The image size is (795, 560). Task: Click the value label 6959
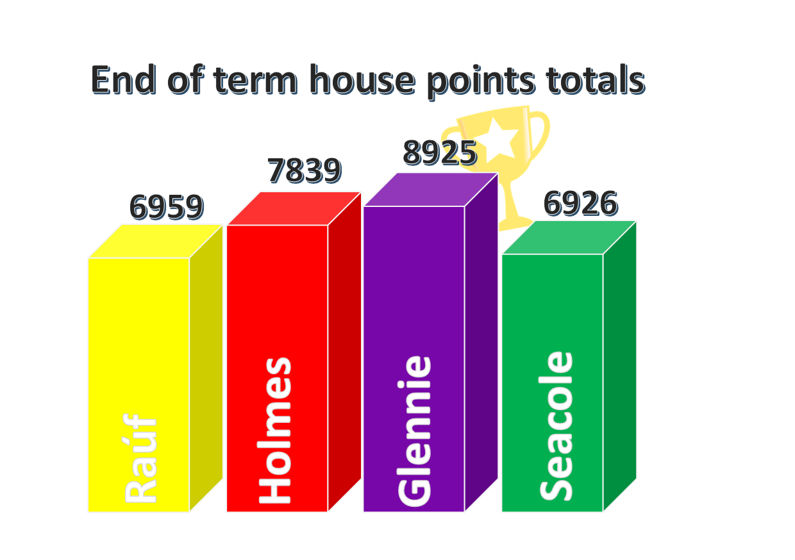(x=166, y=208)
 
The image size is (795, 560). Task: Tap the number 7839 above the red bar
(x=304, y=171)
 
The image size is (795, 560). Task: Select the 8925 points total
(x=440, y=153)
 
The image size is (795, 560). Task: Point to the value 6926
(x=580, y=204)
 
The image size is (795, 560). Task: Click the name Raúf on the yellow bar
(x=140, y=459)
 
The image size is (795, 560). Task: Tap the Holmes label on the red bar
(x=276, y=431)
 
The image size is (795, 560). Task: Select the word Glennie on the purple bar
(x=415, y=431)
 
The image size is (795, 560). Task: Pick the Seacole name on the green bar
(x=556, y=426)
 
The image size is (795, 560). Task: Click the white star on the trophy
(x=501, y=137)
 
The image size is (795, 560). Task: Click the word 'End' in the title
(x=123, y=81)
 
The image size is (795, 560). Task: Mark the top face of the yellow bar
(x=155, y=241)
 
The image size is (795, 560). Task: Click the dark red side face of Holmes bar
(x=344, y=352)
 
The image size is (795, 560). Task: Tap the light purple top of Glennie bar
(x=431, y=190)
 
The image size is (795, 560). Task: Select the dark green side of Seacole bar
(x=619, y=365)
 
